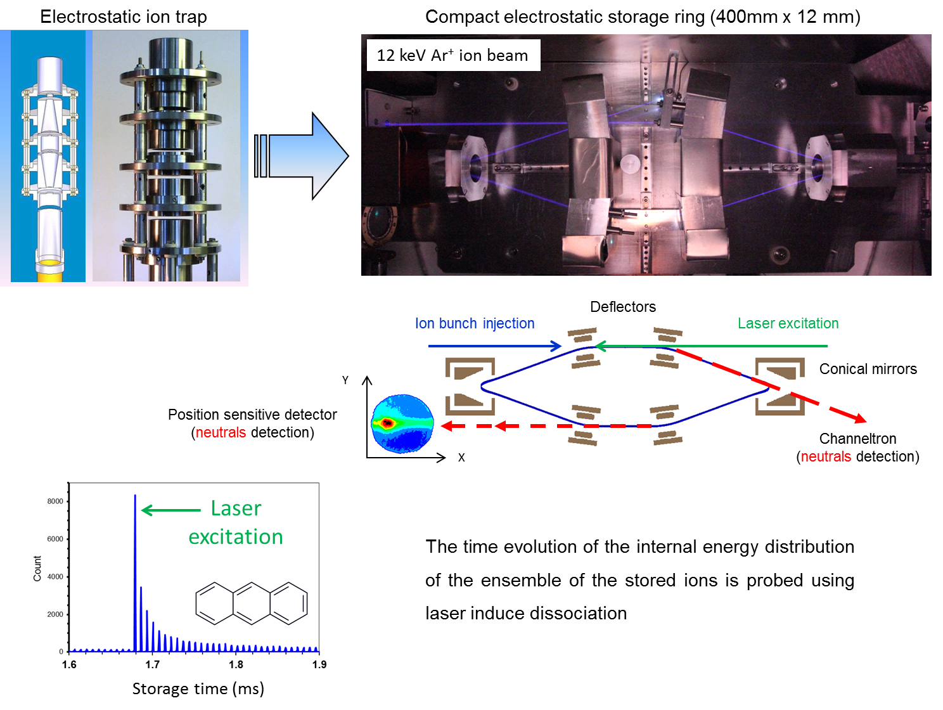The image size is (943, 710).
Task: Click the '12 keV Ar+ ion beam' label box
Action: click(452, 55)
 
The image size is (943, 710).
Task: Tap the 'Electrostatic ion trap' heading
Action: click(124, 16)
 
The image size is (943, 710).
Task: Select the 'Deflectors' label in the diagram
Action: click(623, 307)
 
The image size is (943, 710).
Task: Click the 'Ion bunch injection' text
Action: click(475, 323)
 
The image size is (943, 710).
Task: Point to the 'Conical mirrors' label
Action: click(868, 369)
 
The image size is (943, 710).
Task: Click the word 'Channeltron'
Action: click(857, 439)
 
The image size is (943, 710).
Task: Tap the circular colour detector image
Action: click(402, 423)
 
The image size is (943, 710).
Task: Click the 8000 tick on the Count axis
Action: click(55, 501)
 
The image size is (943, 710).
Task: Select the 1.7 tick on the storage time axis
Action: click(153, 664)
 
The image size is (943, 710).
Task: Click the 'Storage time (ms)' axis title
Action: click(198, 688)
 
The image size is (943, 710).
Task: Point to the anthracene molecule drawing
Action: click(252, 603)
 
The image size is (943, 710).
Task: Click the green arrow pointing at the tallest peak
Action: click(170, 510)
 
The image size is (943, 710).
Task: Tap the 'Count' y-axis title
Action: click(37, 569)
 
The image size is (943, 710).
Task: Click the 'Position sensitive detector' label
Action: click(252, 415)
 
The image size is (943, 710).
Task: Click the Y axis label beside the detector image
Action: click(345, 380)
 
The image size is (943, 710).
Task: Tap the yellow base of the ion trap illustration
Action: click(49, 270)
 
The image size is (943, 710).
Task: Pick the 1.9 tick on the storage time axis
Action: click(319, 664)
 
